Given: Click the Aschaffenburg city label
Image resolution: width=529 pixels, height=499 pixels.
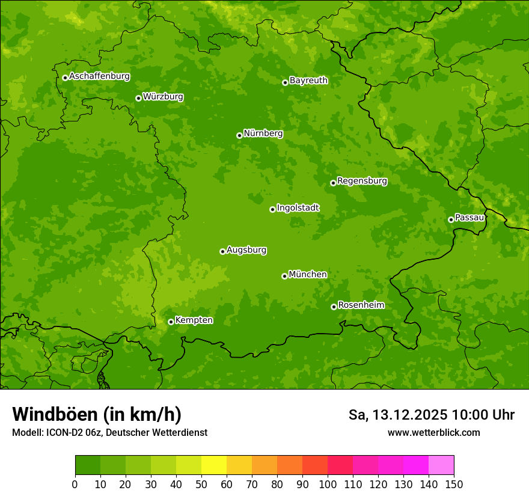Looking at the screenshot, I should click(x=99, y=76).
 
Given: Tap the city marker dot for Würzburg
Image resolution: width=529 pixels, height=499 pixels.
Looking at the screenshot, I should click(x=138, y=98).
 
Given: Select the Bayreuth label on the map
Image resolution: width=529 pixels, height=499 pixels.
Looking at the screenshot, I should click(x=308, y=80).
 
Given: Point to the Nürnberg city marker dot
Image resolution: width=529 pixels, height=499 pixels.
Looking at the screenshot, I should click(x=239, y=135).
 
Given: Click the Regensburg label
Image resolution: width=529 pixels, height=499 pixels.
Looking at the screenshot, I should click(x=362, y=180).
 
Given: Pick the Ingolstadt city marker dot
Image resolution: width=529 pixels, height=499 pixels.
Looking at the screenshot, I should click(x=272, y=209).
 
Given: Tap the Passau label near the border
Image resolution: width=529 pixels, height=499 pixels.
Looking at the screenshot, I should click(x=469, y=217).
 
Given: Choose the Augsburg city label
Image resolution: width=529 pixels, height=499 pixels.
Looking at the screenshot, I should click(x=246, y=249).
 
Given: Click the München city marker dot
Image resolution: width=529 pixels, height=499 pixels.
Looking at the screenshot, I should click(x=284, y=276).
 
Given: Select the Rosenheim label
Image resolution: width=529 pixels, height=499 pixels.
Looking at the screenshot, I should click(x=361, y=305).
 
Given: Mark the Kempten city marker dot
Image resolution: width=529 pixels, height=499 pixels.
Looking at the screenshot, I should click(x=171, y=322).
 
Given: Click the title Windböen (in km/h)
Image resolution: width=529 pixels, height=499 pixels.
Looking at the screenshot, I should click(x=97, y=414).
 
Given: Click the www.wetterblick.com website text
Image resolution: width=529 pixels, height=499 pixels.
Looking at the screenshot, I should click(x=433, y=432).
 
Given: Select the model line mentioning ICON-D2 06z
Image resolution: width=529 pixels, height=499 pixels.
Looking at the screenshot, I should click(x=109, y=432).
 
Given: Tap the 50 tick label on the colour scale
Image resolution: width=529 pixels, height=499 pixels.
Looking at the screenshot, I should click(x=201, y=484).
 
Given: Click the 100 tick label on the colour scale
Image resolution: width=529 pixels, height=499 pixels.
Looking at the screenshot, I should click(x=328, y=484).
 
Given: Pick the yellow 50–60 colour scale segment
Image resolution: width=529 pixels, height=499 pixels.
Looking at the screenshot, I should click(x=214, y=465).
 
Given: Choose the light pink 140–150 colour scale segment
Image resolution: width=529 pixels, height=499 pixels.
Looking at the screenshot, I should click(x=441, y=465).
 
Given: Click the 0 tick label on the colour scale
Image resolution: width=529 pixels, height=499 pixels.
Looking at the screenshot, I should click(x=75, y=484).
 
